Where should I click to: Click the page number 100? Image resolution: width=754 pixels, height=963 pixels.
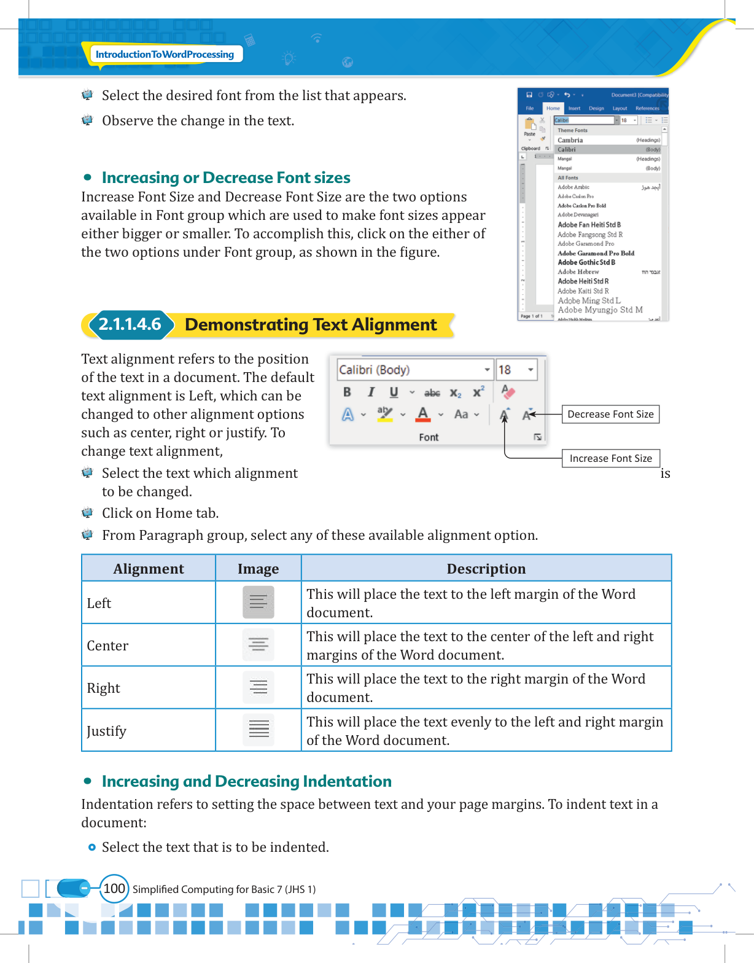[x=114, y=889]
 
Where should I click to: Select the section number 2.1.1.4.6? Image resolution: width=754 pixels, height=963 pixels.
[x=130, y=324]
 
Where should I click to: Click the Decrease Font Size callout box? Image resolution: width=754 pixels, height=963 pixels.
[x=610, y=415]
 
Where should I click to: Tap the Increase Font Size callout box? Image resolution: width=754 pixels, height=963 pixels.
[x=610, y=459]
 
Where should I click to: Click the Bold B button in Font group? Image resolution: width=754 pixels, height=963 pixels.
[x=347, y=392]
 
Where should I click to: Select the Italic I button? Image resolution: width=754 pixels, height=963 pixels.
[x=371, y=392]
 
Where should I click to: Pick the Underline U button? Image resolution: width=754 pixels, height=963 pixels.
[x=394, y=392]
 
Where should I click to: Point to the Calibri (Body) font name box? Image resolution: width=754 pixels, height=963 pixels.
[x=410, y=370]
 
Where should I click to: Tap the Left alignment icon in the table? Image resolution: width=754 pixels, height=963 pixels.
[x=258, y=602]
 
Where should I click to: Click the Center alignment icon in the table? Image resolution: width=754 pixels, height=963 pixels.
[x=258, y=645]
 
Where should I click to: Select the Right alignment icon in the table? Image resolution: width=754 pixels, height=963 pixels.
[x=258, y=687]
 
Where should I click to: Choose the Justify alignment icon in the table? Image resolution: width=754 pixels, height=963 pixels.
[x=258, y=730]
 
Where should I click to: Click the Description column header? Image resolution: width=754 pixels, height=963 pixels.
[x=486, y=569]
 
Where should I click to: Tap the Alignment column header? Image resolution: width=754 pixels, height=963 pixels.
[x=149, y=569]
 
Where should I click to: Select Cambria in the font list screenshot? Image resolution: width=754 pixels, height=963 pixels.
[x=570, y=140]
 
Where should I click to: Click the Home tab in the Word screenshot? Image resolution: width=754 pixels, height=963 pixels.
[x=553, y=108]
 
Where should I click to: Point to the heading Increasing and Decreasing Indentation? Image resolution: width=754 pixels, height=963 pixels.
[x=246, y=781]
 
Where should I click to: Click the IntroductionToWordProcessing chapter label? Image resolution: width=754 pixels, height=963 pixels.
[x=165, y=54]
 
